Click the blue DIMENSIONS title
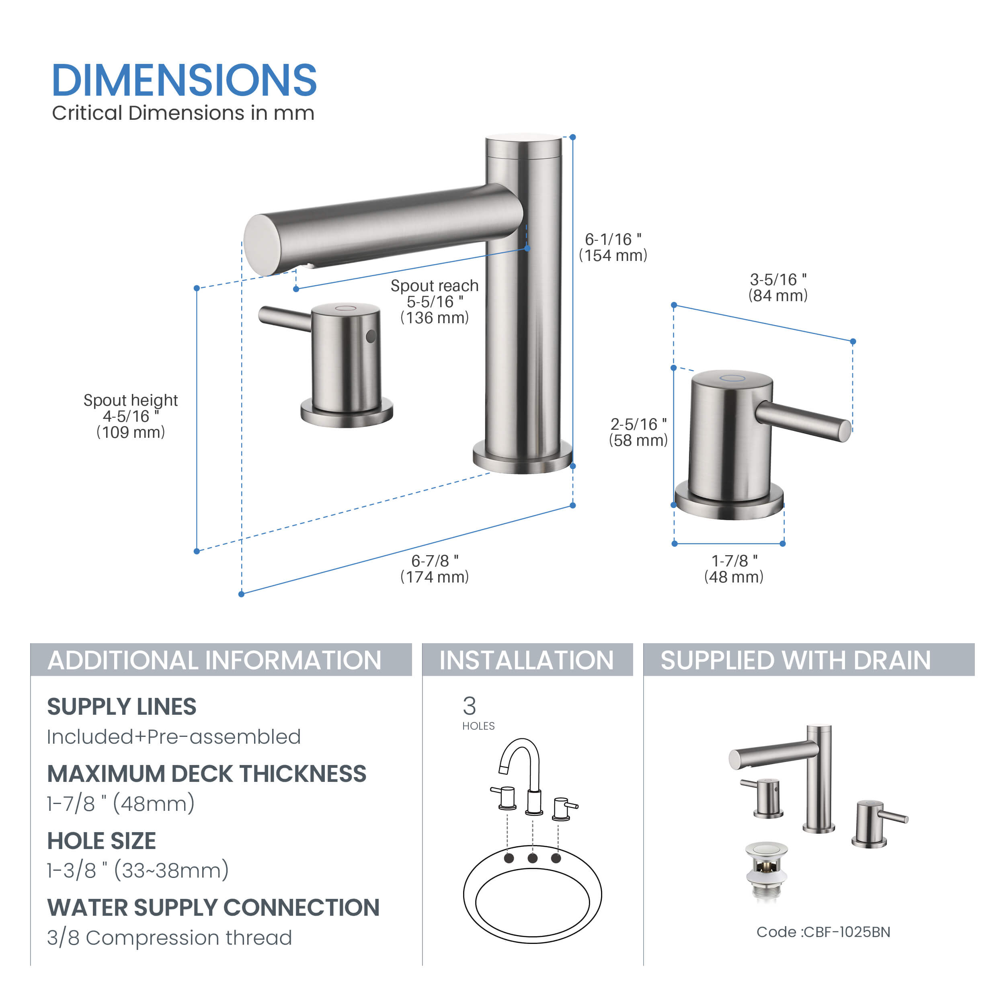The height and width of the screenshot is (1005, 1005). point(184,81)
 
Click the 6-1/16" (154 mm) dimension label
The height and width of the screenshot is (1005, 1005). point(613,247)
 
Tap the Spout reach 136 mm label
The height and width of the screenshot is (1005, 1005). point(434,302)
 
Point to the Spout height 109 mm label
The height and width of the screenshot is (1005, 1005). point(131,416)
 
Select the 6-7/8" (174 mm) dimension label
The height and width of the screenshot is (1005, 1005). point(434,568)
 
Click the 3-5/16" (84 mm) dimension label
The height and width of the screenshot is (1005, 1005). point(778,287)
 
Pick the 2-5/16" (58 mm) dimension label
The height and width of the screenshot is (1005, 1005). point(638,432)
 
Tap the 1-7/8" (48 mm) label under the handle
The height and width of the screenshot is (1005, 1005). point(734,568)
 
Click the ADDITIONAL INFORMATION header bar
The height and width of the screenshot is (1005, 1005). point(221,660)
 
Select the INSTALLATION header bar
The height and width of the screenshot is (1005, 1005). point(527,660)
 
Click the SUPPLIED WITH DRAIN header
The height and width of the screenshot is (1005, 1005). point(808,660)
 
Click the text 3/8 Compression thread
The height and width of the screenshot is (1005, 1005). point(170,938)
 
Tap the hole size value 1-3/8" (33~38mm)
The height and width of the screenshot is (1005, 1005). point(138,870)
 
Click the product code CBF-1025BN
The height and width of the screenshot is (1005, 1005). point(823,932)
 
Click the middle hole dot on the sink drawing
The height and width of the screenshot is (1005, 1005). point(532,858)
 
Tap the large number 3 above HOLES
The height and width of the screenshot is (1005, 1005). point(469,706)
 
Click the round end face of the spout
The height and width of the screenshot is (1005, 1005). point(262,245)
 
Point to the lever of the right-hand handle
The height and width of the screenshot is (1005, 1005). point(804,421)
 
